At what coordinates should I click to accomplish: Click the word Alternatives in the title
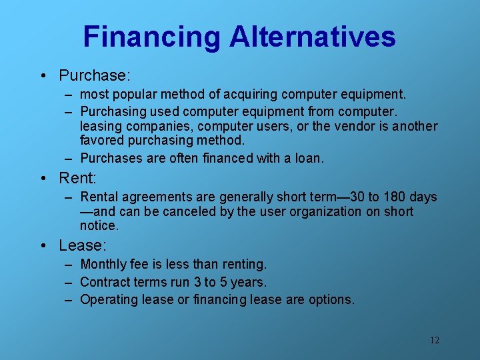point(313,37)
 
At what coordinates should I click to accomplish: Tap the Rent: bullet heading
point(78,178)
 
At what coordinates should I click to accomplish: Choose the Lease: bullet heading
point(83,245)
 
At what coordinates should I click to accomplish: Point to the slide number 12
point(434,341)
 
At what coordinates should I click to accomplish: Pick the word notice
point(98,226)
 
